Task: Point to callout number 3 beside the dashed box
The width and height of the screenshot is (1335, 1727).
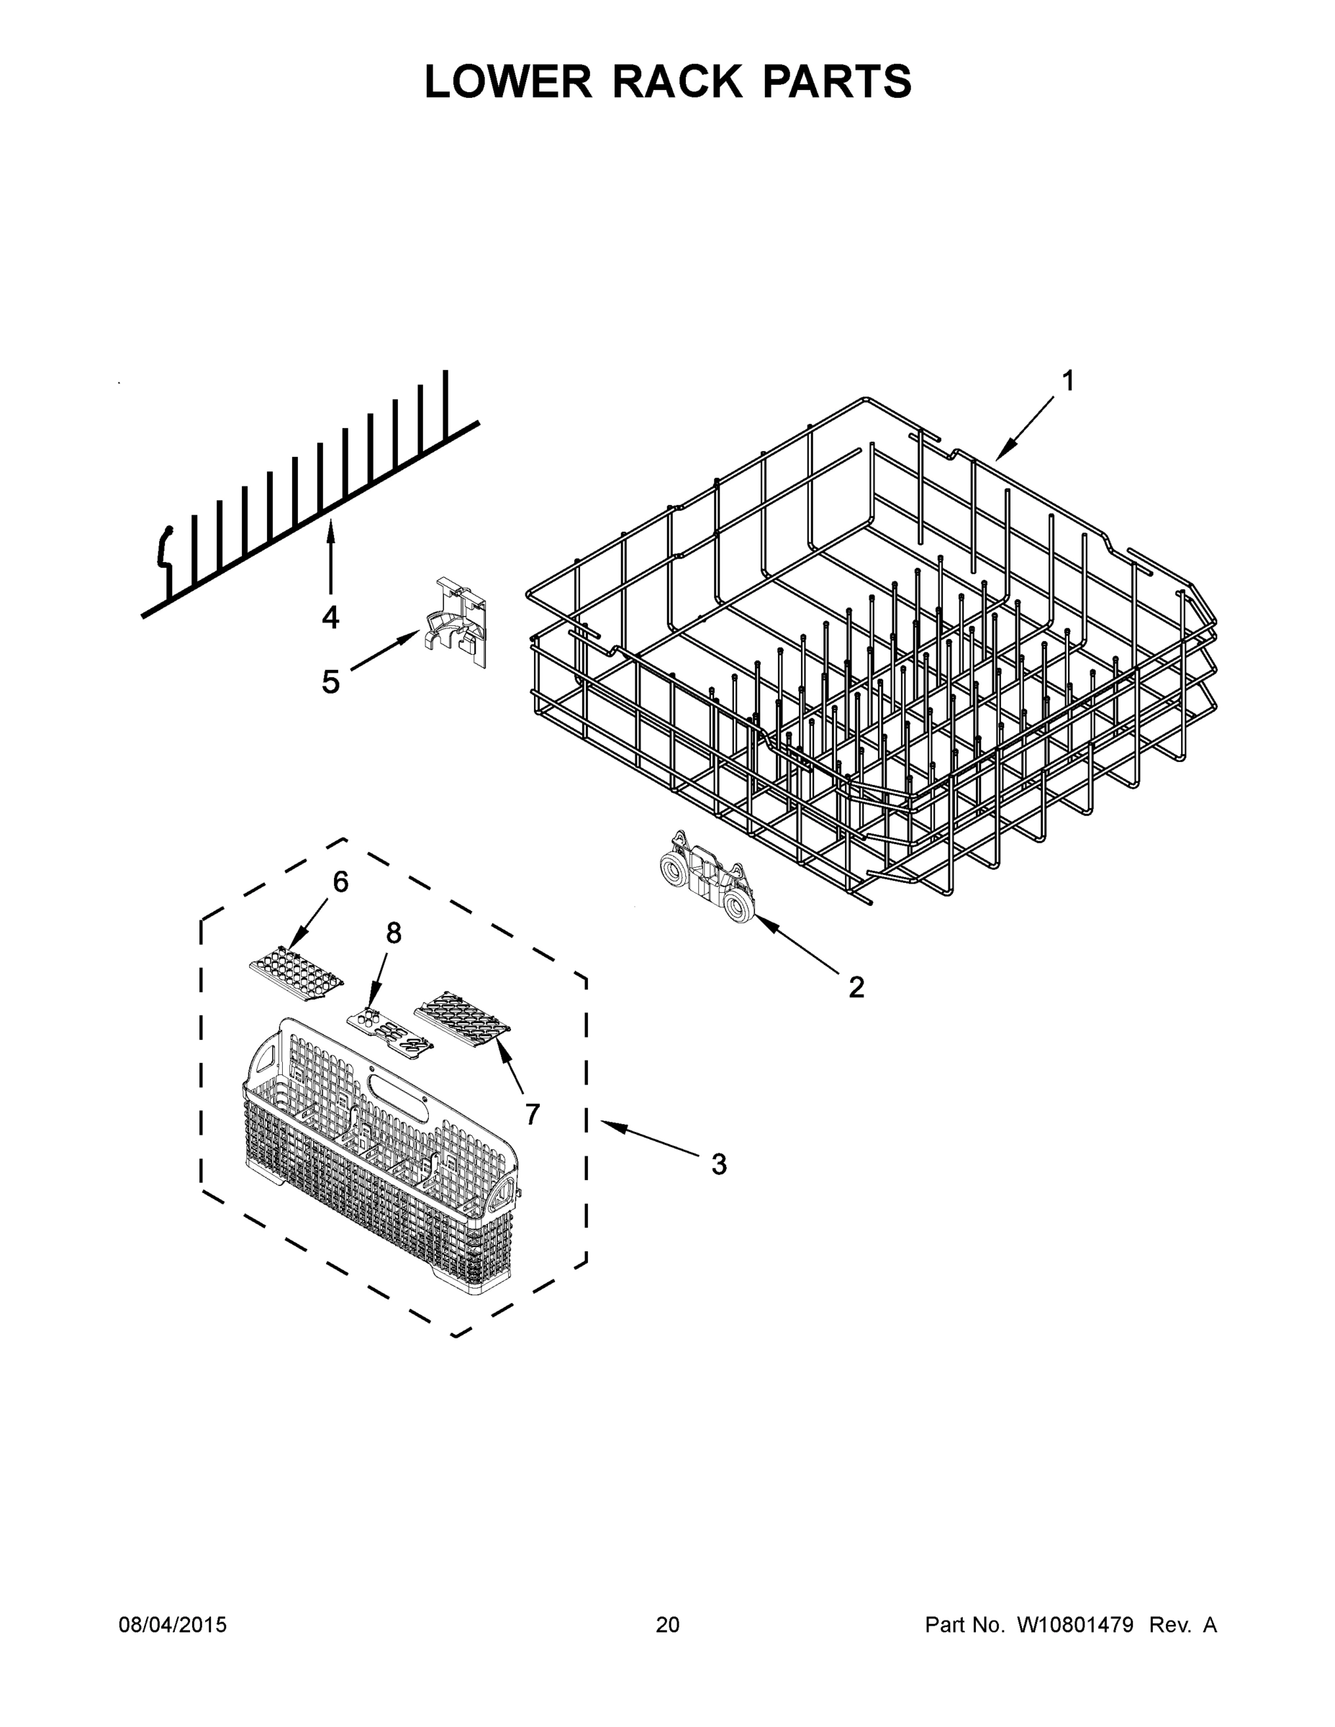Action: click(x=718, y=1164)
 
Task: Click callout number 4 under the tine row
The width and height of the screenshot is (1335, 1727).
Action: click(x=330, y=617)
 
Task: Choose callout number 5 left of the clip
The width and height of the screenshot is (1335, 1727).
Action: click(x=330, y=681)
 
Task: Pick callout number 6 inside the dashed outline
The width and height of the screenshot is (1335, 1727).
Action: click(x=340, y=881)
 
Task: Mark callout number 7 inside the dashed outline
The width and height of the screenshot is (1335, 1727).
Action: click(x=533, y=1114)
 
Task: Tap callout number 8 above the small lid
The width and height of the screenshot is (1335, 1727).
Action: click(x=393, y=934)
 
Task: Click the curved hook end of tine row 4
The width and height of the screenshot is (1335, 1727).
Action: click(x=166, y=545)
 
